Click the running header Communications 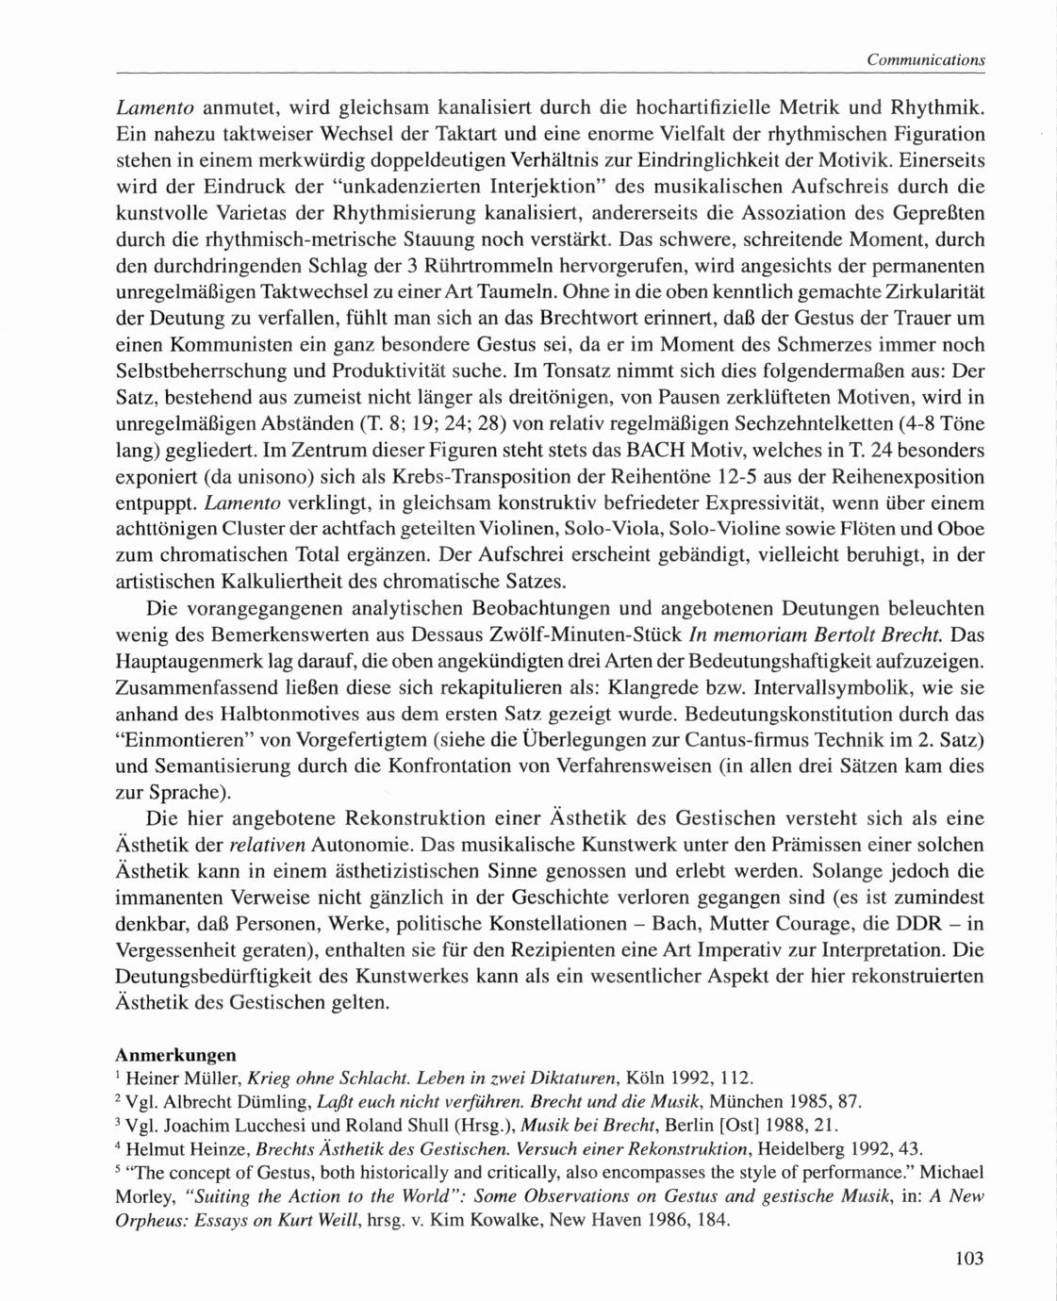(x=925, y=59)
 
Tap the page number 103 (x=968, y=1257)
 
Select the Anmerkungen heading (x=174, y=1055)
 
